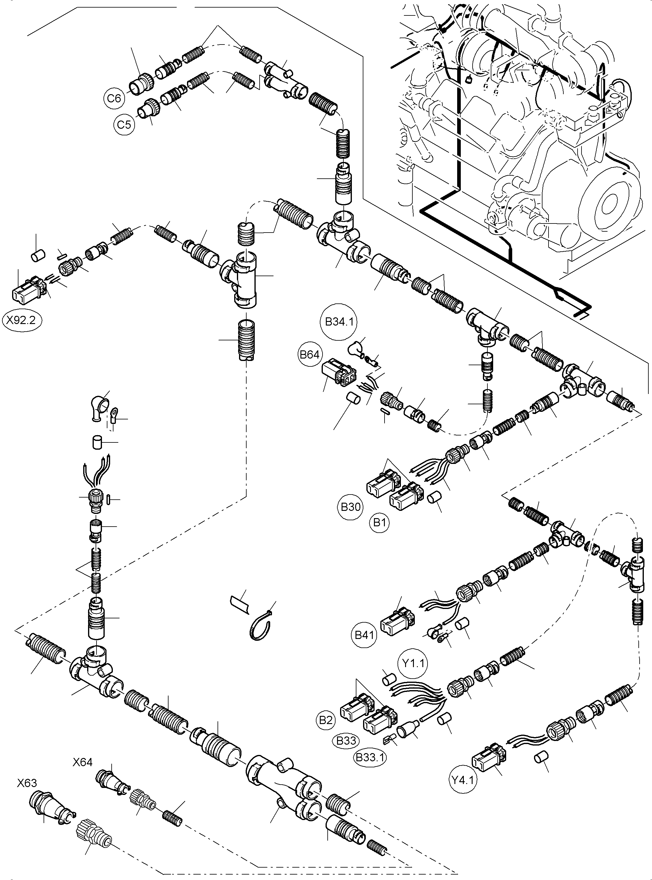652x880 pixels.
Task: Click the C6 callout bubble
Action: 114,98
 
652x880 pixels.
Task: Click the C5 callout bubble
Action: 124,124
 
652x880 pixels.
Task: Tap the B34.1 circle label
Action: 338,322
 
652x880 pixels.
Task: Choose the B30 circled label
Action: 350,506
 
